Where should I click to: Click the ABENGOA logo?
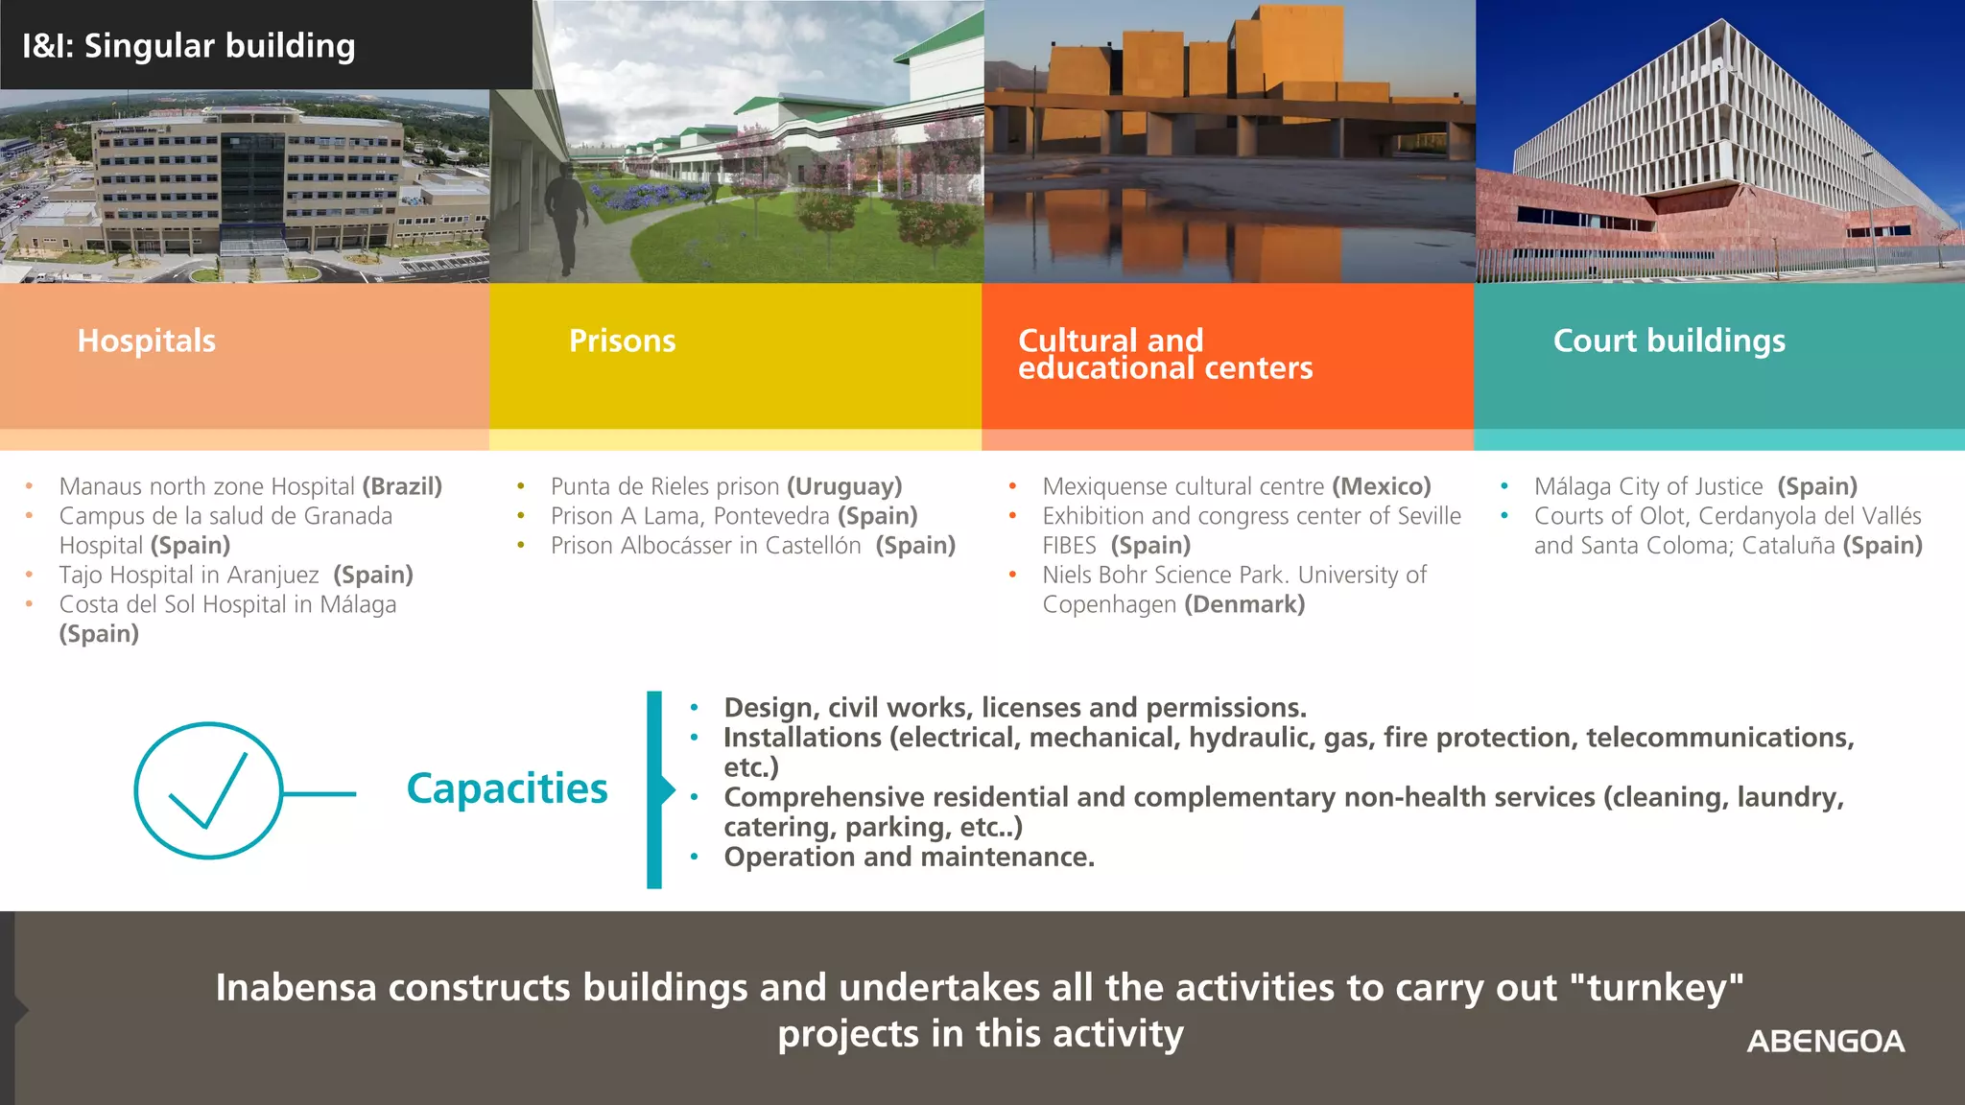coord(1825,1042)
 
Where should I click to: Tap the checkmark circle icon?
coord(208,790)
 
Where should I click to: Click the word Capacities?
coord(507,789)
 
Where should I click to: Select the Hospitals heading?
coord(147,341)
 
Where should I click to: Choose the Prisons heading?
coord(622,341)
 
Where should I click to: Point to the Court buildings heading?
coord(1669,341)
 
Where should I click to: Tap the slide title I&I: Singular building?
coord(189,46)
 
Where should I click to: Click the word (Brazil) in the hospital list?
coord(402,487)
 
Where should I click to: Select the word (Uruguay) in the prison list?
coord(844,487)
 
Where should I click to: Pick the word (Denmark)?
coord(1244,605)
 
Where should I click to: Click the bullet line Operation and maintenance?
coord(909,857)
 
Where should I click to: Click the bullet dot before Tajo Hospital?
coord(30,575)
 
